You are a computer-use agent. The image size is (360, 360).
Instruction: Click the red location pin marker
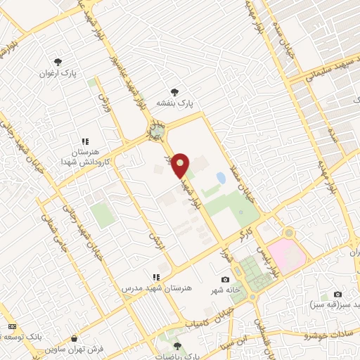point(181,165)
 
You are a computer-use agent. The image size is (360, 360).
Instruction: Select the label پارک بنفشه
point(175,103)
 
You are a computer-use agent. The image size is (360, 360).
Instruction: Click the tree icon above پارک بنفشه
point(175,91)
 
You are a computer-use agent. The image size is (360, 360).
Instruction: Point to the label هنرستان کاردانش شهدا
point(85,152)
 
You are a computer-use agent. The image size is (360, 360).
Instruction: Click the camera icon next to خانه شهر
point(225,280)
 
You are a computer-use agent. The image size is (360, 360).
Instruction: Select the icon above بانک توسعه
point(11,326)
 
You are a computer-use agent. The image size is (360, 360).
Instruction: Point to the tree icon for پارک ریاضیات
point(177,346)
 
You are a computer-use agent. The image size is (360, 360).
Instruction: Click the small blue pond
point(221,179)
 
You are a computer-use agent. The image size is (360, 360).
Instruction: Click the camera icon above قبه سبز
point(337,294)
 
